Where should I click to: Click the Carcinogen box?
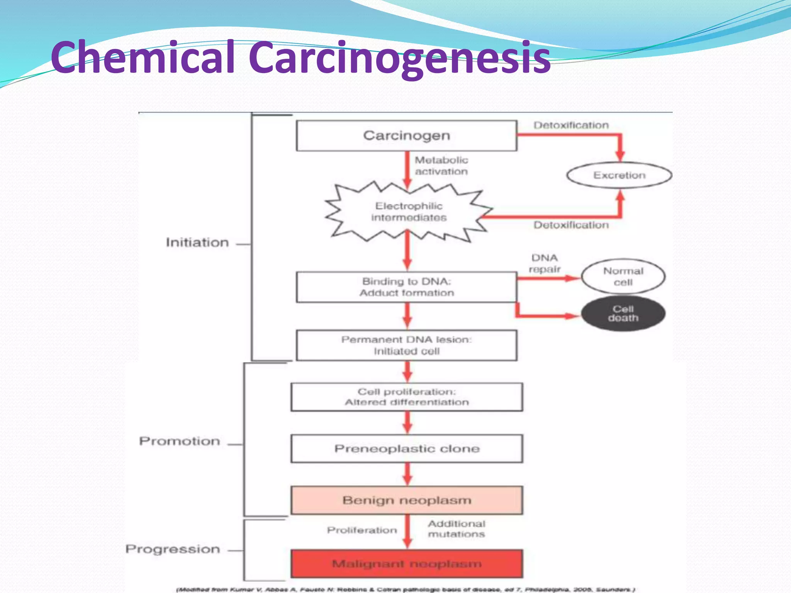[x=406, y=136]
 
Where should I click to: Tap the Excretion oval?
[x=619, y=175]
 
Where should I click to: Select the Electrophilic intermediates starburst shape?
[x=408, y=212]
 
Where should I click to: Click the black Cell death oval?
[x=623, y=313]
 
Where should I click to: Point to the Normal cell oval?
[x=623, y=276]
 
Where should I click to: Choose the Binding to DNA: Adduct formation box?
[x=406, y=287]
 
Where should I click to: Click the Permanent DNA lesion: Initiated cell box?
[x=406, y=345]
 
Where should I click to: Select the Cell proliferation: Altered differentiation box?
[x=406, y=397]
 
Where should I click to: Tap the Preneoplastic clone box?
[x=406, y=449]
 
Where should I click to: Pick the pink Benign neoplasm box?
[x=406, y=500]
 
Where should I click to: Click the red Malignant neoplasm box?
[x=406, y=564]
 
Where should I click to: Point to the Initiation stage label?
[x=197, y=242]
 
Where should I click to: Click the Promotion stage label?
[x=180, y=441]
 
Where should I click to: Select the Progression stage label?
[x=173, y=549]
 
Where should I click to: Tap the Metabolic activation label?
[x=441, y=166]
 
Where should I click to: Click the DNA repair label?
[x=545, y=263]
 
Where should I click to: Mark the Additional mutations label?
[x=456, y=529]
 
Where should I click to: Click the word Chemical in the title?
[x=143, y=57]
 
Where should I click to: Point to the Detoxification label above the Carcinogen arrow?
[x=571, y=125]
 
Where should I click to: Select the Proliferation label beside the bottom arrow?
[x=362, y=530]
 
